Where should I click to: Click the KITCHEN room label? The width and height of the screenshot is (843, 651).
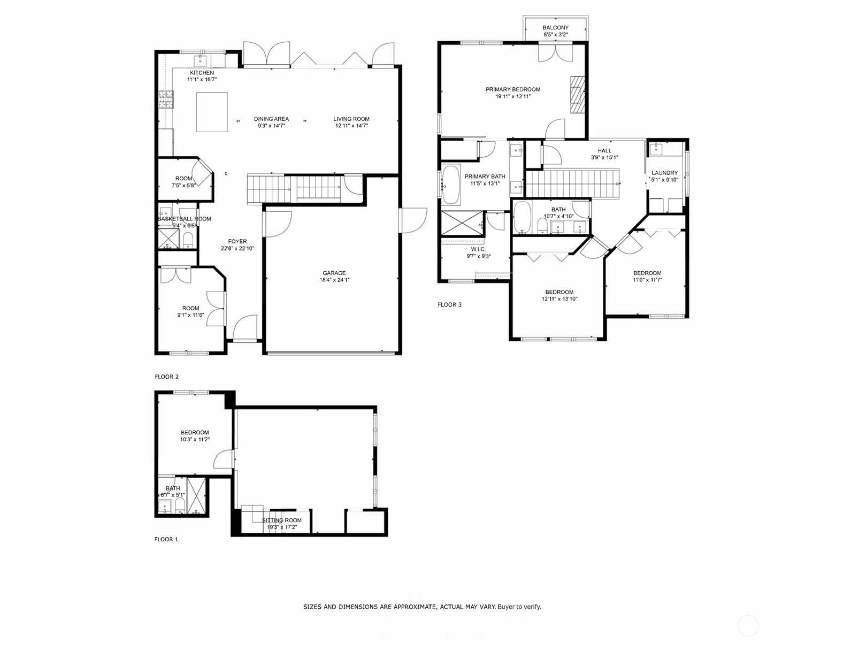(x=202, y=73)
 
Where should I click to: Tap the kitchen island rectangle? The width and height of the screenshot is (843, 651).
(x=212, y=112)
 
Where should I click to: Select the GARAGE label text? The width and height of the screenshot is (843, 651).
(x=334, y=273)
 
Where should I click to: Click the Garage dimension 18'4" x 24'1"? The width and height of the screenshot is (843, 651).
(x=334, y=280)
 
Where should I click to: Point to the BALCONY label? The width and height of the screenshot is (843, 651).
(x=555, y=28)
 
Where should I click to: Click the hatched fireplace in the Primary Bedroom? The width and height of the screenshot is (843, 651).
(x=576, y=95)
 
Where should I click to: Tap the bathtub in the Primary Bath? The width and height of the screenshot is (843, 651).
(x=450, y=185)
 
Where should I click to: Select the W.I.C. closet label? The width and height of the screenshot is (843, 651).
(x=478, y=249)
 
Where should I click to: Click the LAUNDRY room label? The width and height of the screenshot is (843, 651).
(x=664, y=173)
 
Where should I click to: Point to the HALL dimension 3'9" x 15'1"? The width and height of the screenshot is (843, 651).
(x=604, y=158)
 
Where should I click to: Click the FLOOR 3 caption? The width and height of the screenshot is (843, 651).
(x=449, y=305)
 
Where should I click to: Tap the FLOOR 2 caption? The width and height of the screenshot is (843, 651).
(x=166, y=377)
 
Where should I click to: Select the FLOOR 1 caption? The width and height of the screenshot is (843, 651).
(x=166, y=539)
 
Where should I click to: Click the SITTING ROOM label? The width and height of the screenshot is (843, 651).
(x=282, y=520)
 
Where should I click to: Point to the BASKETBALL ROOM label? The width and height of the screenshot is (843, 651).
(x=184, y=219)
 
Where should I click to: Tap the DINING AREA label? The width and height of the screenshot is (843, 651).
(x=271, y=119)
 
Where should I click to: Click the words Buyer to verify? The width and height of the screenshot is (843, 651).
(x=519, y=607)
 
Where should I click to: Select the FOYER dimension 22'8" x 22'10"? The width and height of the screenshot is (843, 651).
(x=237, y=248)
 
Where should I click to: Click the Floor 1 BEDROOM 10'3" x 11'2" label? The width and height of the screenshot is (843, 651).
(x=195, y=432)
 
